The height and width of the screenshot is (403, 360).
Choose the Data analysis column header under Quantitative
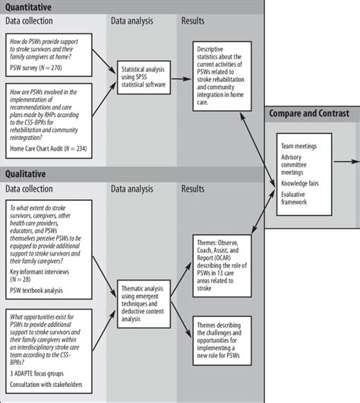tap(135, 21)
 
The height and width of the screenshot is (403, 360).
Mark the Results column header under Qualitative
tap(197, 187)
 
